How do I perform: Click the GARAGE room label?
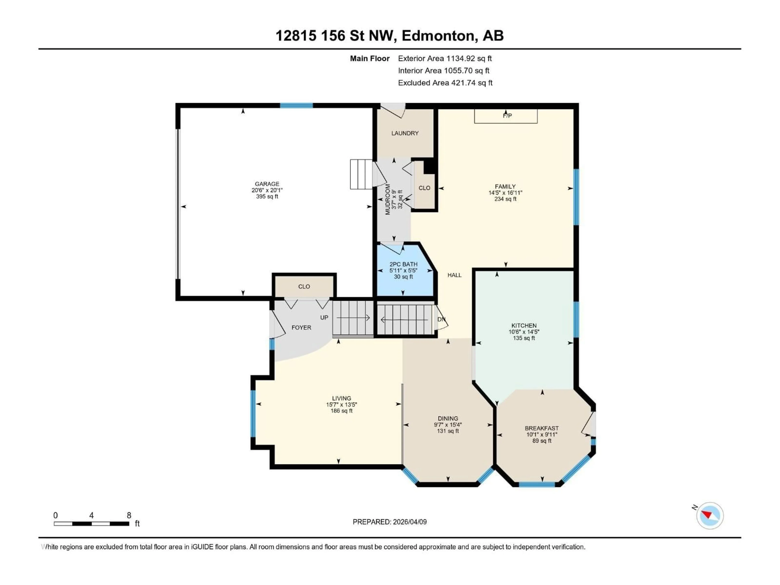(267, 184)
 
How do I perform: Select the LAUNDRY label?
(405, 133)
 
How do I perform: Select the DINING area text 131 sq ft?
(448, 431)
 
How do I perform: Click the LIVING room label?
(341, 398)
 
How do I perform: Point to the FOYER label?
(301, 328)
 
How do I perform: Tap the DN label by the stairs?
(441, 319)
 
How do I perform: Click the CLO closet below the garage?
(304, 287)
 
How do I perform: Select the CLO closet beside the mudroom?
(424, 188)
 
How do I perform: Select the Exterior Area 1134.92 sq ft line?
(445, 58)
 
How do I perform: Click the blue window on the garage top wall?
(296, 105)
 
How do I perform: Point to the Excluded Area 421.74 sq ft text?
(445, 83)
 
